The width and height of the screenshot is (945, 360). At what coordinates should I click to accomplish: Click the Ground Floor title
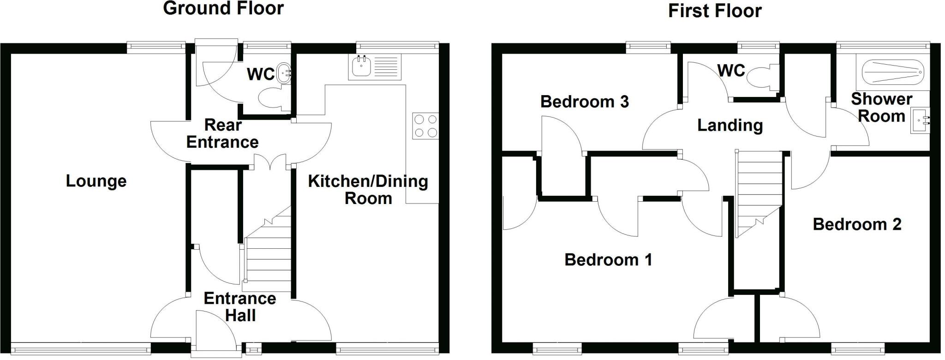coord(223,8)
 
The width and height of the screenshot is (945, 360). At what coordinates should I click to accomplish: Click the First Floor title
coord(715,11)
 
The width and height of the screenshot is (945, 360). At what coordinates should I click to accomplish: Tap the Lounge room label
coord(96,181)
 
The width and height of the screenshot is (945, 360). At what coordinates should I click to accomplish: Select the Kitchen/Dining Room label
coord(368,189)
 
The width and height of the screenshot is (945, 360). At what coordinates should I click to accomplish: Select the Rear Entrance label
coord(222,133)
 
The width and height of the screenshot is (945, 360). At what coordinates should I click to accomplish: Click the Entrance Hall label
coord(240,307)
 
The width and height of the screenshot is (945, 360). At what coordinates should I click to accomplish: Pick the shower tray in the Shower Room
coord(893,72)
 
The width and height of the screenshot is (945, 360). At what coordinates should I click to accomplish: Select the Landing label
coord(730,125)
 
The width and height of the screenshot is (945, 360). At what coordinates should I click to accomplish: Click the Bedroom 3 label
coord(584,102)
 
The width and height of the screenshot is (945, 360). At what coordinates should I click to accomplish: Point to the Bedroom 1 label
coord(608,260)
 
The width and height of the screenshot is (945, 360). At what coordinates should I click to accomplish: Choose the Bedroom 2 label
coord(856,224)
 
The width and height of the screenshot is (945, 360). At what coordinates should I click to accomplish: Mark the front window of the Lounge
coord(80,348)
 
